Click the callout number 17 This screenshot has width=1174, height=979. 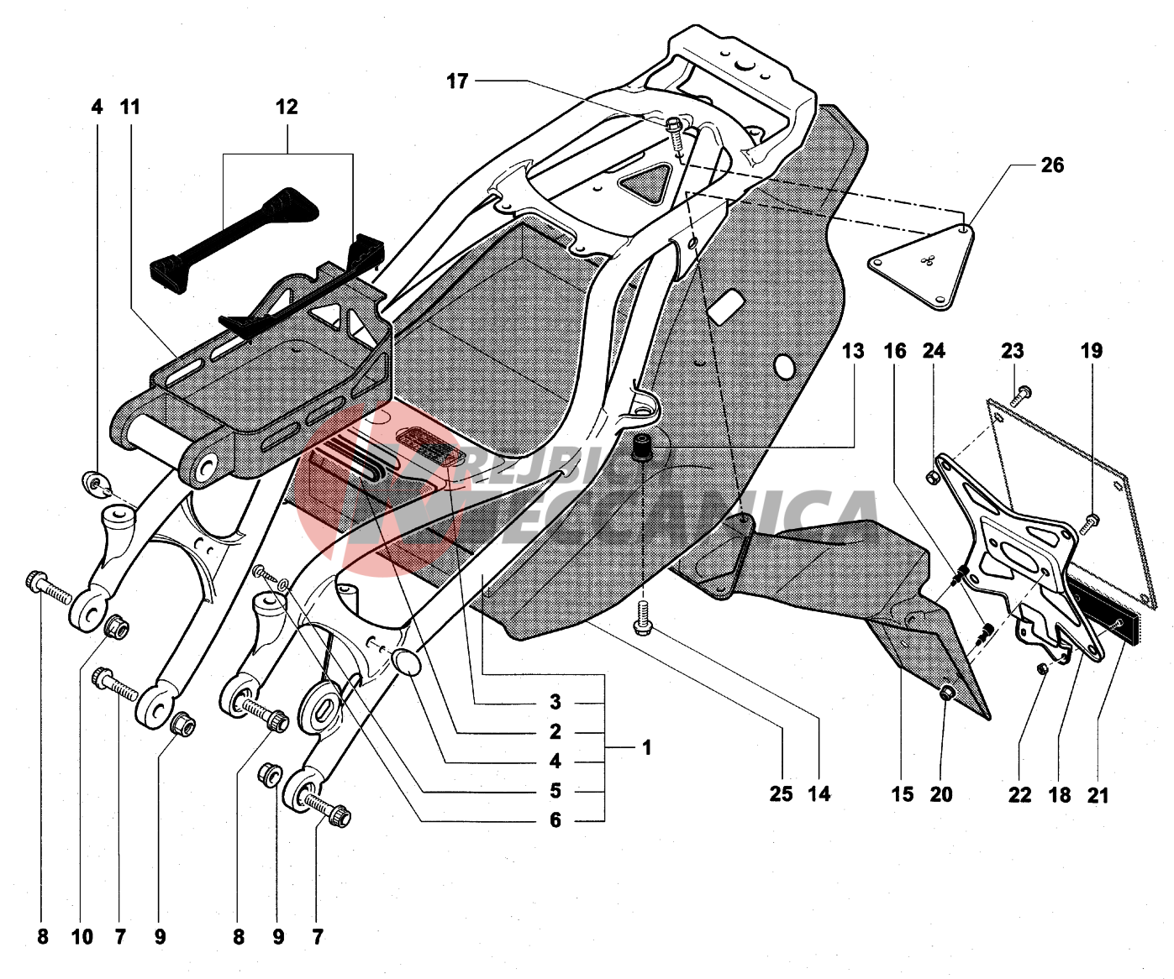point(457,81)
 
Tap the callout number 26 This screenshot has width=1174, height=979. point(1051,165)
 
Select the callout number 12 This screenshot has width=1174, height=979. point(287,107)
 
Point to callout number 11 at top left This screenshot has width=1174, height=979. point(129,107)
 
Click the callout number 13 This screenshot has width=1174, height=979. point(852,350)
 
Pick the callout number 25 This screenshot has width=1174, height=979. point(781,793)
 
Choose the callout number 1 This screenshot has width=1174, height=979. point(646,746)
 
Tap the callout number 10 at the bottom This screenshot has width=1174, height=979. point(82,937)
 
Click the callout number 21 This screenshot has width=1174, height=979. point(1098,794)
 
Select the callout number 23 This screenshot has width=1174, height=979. point(1013,350)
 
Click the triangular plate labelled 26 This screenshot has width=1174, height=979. point(923,267)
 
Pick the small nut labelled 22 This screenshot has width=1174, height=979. point(1041,668)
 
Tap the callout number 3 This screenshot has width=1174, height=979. point(555,702)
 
